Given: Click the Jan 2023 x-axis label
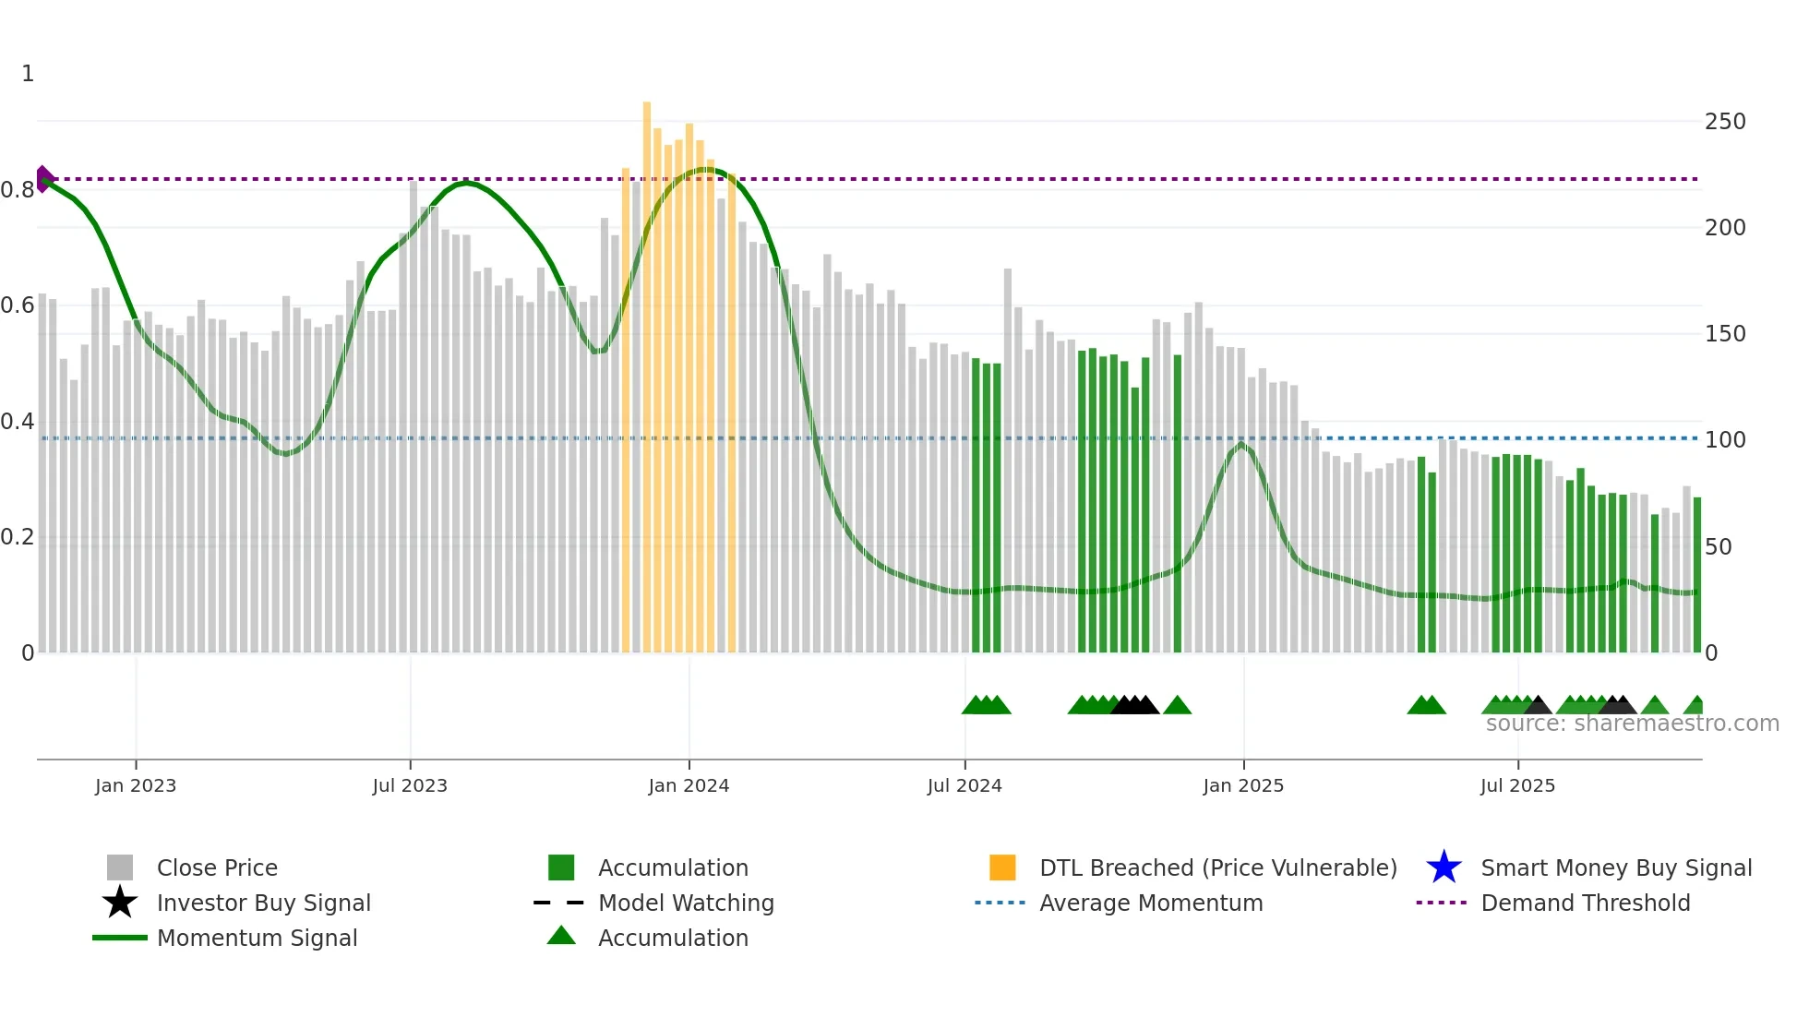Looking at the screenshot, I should [136, 785].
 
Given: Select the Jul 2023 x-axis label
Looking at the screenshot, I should [410, 785].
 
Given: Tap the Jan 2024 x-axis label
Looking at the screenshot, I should [689, 785].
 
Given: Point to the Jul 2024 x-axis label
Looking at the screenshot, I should [964, 785].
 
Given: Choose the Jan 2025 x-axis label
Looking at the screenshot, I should [1243, 785].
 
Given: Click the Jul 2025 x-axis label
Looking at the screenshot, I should [1517, 785].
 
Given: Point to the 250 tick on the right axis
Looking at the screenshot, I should [1725, 122].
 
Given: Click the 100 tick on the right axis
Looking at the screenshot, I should [1725, 440].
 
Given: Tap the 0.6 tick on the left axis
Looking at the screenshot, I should [18, 305].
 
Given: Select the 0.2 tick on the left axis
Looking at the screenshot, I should [18, 537].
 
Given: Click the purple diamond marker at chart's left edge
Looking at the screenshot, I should [44, 179].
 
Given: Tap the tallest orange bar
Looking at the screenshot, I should [647, 369].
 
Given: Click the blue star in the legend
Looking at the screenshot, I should [1444, 867].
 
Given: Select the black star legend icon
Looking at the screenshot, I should [120, 903].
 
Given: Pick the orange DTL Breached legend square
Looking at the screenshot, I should [1002, 867].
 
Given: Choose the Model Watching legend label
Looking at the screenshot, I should [686, 903].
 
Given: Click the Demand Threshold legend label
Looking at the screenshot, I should [1585, 903].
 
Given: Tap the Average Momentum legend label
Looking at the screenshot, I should [1151, 903].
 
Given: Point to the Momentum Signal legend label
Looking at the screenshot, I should [257, 938].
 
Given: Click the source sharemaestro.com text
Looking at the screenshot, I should [1632, 724].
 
